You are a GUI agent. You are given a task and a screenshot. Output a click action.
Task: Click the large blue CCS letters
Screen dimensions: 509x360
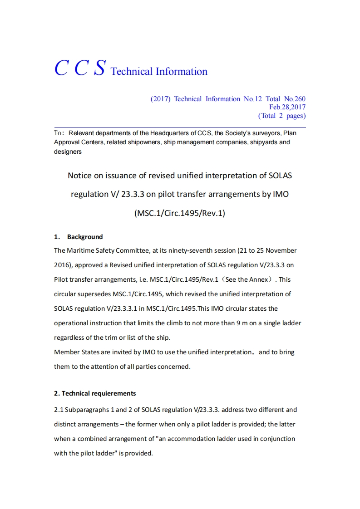80,68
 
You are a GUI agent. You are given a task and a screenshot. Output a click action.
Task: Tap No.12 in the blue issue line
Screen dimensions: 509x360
252,99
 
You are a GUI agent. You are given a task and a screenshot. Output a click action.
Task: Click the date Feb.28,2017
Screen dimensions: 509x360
287,107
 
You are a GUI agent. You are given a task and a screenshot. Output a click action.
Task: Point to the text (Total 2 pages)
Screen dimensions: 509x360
282,116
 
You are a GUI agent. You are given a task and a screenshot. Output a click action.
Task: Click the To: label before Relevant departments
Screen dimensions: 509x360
59,133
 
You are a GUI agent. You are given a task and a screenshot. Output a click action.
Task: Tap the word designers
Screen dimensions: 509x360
68,152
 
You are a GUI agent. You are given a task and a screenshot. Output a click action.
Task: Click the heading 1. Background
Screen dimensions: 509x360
79,237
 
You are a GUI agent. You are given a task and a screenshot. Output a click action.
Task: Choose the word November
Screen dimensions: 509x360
281,250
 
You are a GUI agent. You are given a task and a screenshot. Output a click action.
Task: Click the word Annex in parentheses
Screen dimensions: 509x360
258,279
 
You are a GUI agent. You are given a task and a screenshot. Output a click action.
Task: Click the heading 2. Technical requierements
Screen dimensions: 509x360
95,393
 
